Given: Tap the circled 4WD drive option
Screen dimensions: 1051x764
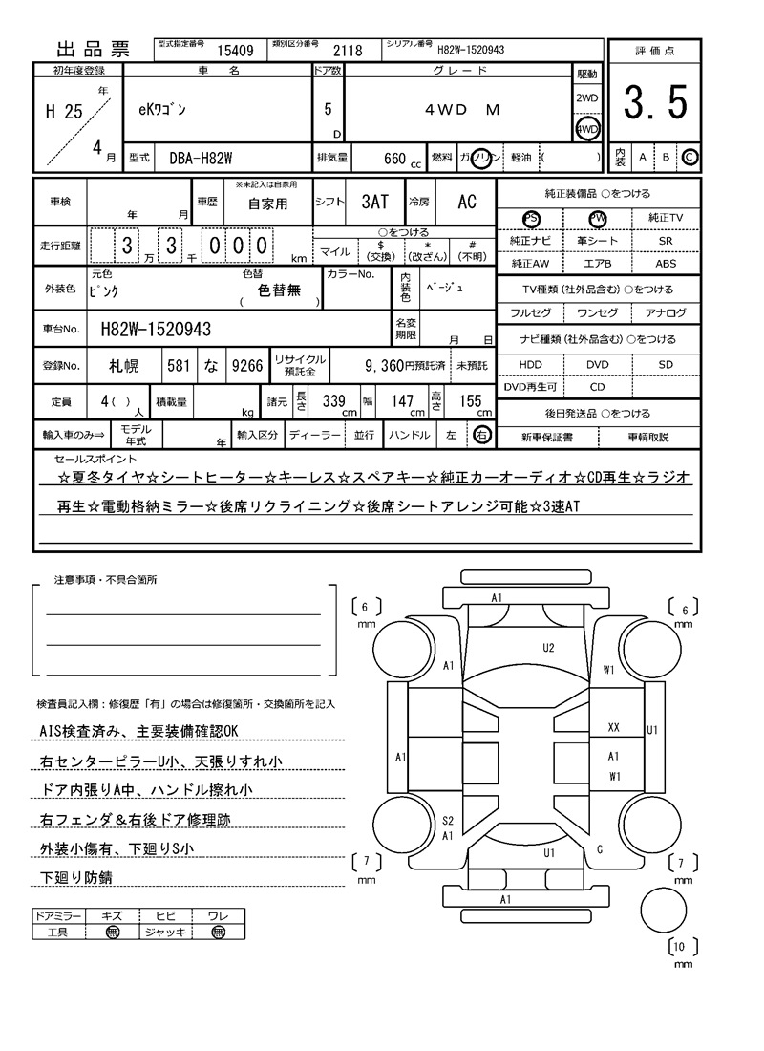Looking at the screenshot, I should pyautogui.click(x=586, y=129).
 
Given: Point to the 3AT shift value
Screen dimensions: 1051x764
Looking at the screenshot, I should pyautogui.click(x=374, y=202).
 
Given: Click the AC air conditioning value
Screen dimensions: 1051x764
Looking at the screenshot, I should pyautogui.click(x=466, y=202).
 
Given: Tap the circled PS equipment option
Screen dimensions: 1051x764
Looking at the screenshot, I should pyautogui.click(x=531, y=219).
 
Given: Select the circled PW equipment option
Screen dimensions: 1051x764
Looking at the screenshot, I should pyautogui.click(x=598, y=219).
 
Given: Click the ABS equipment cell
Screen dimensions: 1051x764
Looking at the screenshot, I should pyautogui.click(x=665, y=263).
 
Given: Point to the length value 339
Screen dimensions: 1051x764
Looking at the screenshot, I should pyautogui.click(x=333, y=401).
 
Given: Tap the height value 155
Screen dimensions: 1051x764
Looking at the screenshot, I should pyautogui.click(x=470, y=401).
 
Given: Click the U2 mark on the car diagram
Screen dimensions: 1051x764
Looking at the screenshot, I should pyautogui.click(x=548, y=647).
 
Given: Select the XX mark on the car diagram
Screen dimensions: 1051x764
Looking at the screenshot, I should pyautogui.click(x=613, y=728).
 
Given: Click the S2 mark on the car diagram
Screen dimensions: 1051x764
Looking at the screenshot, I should pyautogui.click(x=447, y=820).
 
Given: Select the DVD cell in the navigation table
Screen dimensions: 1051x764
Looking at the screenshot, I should pyautogui.click(x=598, y=364).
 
